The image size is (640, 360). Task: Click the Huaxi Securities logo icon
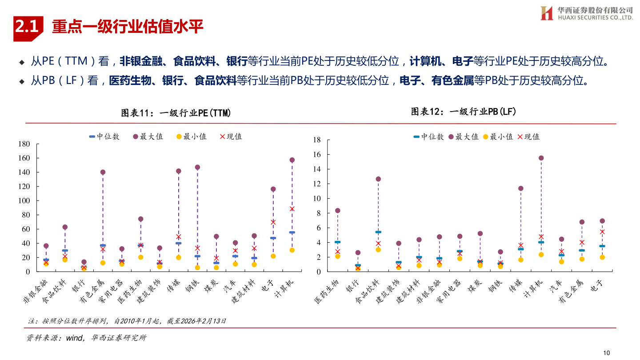coord(546,13)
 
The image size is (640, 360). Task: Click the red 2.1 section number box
coord(28,28)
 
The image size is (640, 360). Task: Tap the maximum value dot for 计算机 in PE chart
coord(292,160)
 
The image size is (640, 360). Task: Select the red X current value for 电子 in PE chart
coord(273,222)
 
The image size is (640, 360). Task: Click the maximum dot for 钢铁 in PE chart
coord(197,168)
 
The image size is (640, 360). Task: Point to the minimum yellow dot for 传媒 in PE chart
coord(178,257)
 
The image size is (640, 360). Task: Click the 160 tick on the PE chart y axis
coord(24,158)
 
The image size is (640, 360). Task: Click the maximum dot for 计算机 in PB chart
coord(541,158)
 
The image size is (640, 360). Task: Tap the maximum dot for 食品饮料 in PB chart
coord(378,179)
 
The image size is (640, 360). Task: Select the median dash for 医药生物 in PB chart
coord(337,242)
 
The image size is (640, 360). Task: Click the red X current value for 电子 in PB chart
coord(602,232)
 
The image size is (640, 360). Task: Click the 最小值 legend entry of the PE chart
coord(192,136)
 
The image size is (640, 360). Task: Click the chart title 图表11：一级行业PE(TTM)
coord(176,113)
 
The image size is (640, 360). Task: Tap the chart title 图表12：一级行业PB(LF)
coord(463,112)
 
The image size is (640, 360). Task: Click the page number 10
coord(606,352)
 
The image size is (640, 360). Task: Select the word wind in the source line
coord(74,338)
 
